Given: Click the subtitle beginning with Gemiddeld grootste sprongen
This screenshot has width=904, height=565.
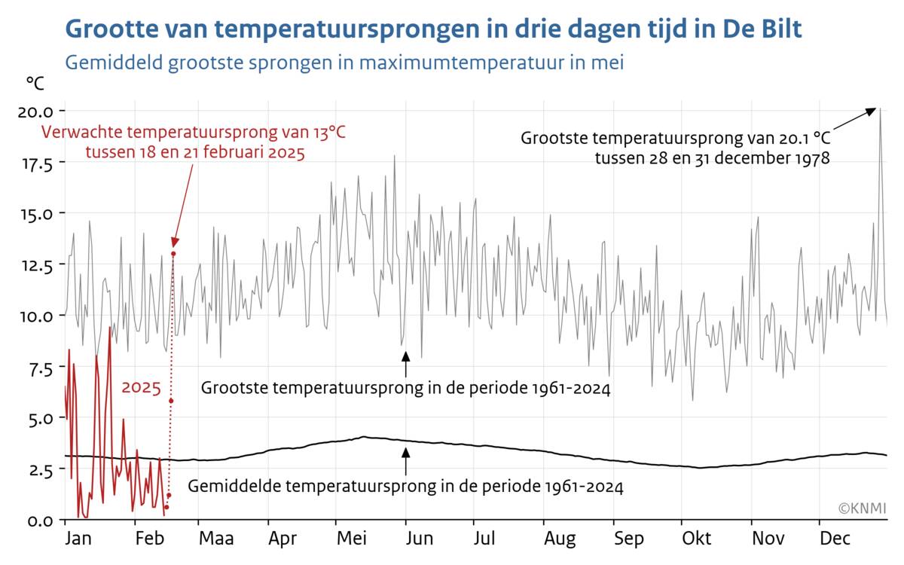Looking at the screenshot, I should (344, 62).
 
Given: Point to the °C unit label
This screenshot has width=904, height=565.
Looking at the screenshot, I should (36, 83).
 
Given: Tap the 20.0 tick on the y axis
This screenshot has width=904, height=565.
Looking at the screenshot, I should (35, 111).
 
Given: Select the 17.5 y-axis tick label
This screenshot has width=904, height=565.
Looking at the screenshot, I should (35, 162).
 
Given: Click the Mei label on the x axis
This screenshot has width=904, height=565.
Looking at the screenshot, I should (352, 539).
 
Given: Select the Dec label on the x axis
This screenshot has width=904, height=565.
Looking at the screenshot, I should (835, 539).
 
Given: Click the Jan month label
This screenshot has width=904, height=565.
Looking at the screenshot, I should (78, 539).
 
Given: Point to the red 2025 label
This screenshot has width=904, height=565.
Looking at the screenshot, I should (142, 389).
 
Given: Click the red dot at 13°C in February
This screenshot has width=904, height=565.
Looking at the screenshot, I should (173, 254).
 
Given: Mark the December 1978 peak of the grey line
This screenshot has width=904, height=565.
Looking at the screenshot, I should (879, 109).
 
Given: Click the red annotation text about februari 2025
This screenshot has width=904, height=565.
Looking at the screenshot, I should (194, 143).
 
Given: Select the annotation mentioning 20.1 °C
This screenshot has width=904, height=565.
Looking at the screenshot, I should (676, 148).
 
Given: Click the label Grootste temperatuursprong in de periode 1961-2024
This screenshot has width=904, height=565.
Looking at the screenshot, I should (405, 389).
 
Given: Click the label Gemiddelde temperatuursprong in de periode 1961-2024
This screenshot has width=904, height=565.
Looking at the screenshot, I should (405, 487).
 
